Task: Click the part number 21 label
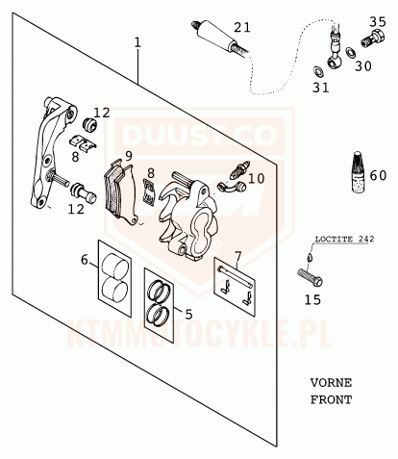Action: point(241,27)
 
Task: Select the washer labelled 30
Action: point(351,53)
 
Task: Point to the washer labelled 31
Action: point(318,71)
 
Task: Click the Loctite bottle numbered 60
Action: point(360,172)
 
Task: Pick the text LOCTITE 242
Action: point(344,239)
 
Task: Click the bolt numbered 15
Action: point(310,277)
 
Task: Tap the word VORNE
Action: point(331,383)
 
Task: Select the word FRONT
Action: point(331,399)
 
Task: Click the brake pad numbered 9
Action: point(121,192)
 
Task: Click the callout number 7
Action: point(237,256)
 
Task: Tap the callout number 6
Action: point(84,260)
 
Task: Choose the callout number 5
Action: point(188,314)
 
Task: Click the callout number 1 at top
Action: point(137,42)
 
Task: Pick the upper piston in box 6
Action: point(114,266)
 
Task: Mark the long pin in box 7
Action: point(236,276)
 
